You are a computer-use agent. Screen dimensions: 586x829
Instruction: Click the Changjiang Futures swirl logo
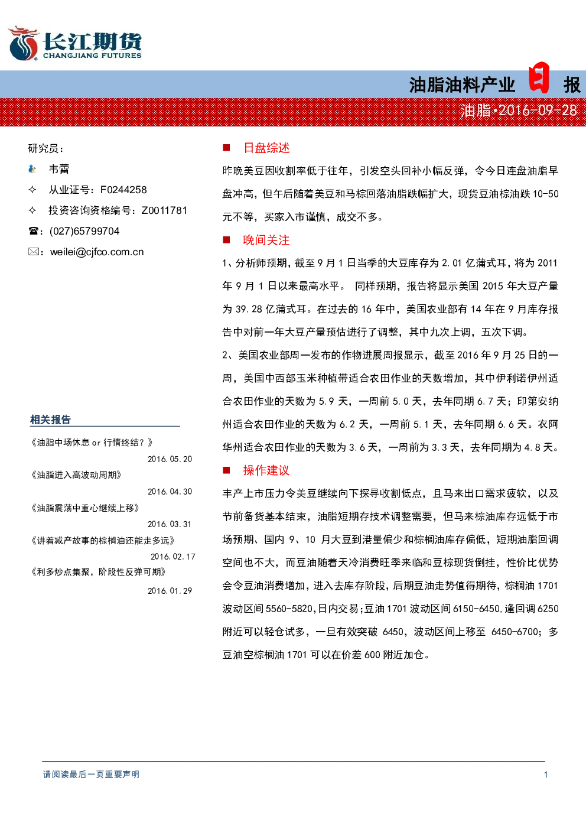[23, 43]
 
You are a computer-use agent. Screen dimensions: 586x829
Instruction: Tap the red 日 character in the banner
[539, 77]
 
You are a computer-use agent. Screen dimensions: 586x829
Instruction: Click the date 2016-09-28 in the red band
[538, 110]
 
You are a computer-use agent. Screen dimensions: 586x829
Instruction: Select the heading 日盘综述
[266, 148]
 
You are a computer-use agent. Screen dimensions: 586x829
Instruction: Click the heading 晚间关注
[266, 240]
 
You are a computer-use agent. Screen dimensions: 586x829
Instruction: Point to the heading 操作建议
[266, 470]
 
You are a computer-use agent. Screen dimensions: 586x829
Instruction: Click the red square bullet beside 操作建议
[226, 470]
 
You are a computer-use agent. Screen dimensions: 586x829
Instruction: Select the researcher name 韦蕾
[59, 169]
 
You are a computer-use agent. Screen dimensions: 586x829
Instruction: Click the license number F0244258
[123, 190]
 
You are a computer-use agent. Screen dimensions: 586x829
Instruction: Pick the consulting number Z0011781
[164, 210]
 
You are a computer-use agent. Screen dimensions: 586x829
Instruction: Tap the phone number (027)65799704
[84, 231]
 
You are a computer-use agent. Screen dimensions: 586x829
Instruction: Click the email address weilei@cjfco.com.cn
[97, 252]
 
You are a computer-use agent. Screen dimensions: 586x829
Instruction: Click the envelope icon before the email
[34, 252]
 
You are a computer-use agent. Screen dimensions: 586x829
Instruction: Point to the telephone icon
[33, 231]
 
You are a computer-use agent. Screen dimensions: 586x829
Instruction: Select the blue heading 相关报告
[50, 420]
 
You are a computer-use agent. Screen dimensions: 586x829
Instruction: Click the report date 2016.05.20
[170, 459]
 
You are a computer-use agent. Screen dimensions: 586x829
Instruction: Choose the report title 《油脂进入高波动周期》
[76, 475]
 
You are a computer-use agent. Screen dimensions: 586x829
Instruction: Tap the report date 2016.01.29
[170, 591]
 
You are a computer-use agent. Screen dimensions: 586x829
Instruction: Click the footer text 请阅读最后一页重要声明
[91, 774]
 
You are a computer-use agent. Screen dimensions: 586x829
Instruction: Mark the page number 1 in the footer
[546, 774]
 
